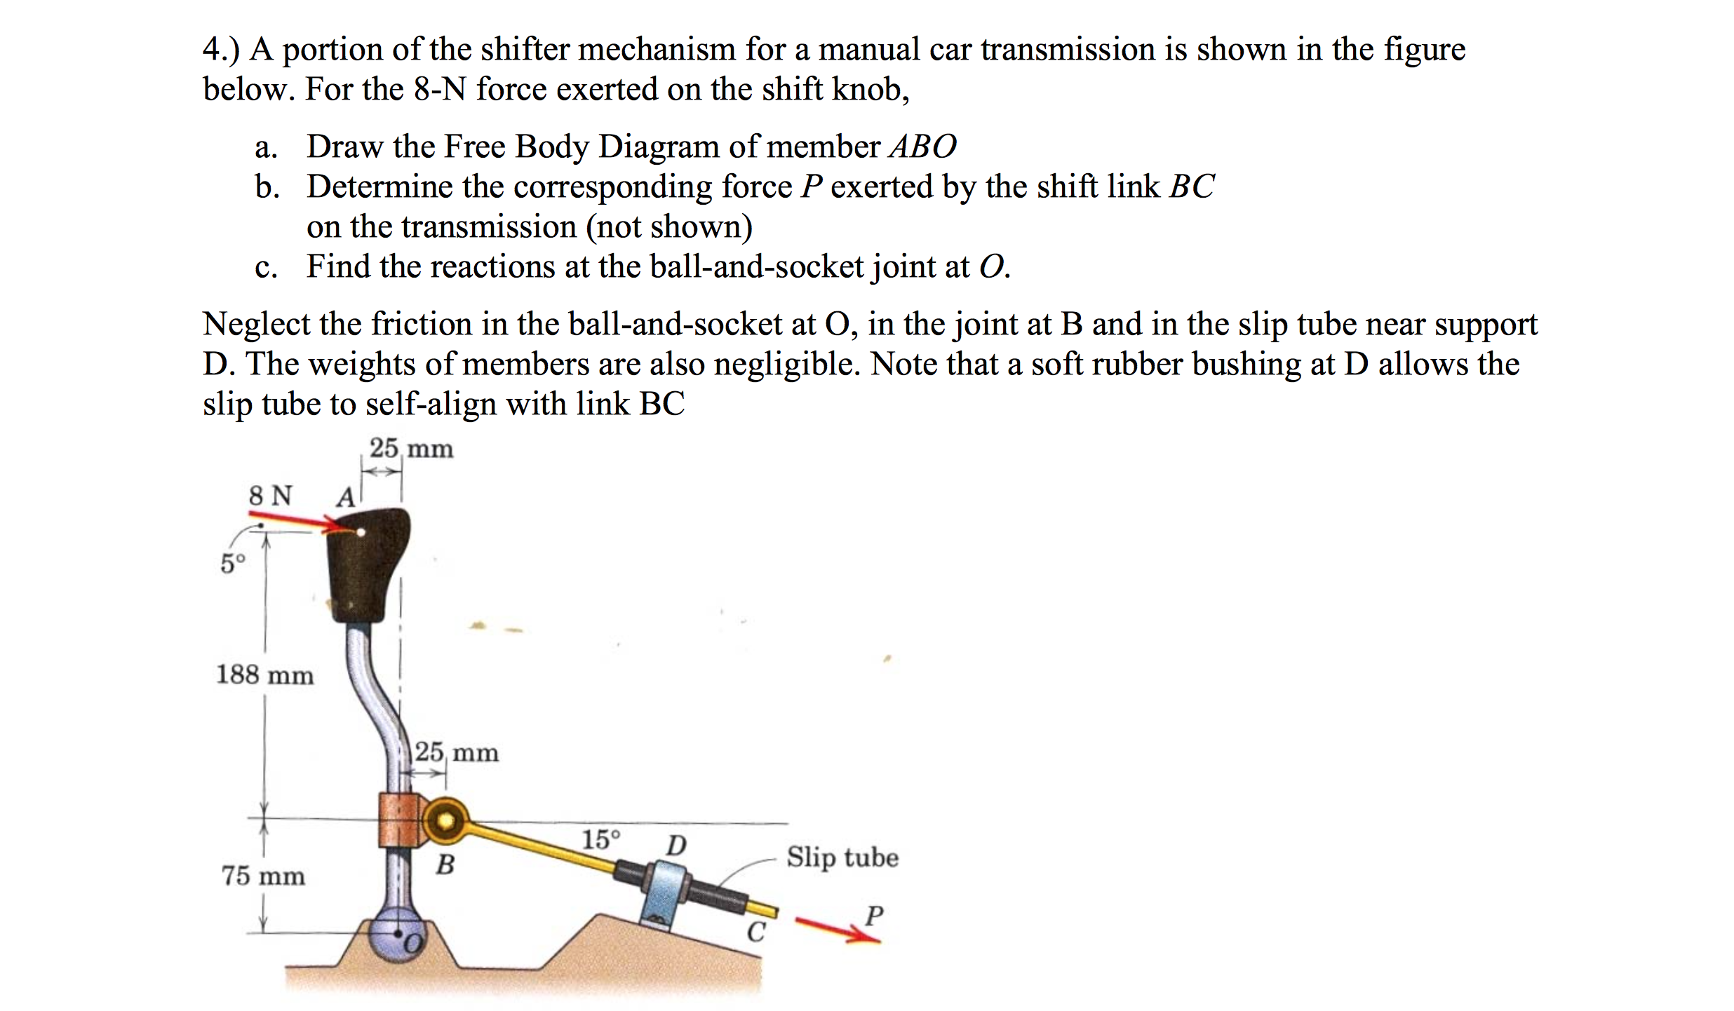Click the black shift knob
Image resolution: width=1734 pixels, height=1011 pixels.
coord(368,564)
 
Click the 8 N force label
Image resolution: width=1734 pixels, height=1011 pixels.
coord(271,496)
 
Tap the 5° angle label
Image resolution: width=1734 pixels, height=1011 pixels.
coord(233,563)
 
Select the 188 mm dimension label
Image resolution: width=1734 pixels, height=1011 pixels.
coord(264,674)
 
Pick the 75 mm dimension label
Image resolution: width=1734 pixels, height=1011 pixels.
coord(263,876)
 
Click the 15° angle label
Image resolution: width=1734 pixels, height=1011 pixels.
coord(601,839)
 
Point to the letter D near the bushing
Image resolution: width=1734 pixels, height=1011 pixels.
coord(676,845)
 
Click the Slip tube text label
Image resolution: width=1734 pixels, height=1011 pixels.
coord(842,857)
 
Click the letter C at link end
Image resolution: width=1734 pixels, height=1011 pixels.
coord(755,932)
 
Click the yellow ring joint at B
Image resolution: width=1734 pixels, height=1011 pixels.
coord(445,820)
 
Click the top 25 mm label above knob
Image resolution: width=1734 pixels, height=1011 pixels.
coord(411,448)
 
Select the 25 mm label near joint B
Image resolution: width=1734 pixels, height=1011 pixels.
coord(456,752)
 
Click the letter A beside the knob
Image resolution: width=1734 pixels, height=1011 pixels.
coord(345,498)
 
